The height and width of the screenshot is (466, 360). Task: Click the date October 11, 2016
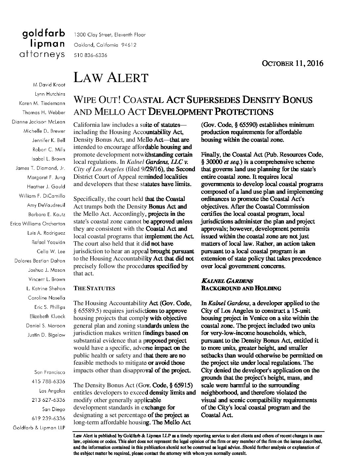292,63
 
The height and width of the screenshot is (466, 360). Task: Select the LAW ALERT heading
111,77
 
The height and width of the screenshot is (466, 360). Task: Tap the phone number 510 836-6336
90,55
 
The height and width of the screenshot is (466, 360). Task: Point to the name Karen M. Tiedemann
42,103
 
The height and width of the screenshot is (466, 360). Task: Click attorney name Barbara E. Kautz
47,214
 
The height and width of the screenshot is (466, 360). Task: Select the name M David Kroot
49,85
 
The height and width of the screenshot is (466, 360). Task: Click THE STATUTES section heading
94,288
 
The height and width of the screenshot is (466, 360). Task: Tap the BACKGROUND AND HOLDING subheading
241,288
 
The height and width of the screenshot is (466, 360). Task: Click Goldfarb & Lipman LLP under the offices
39,428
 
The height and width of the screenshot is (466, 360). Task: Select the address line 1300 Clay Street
110,35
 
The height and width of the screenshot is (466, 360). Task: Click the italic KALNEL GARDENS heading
227,281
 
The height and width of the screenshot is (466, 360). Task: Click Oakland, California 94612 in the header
105,45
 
